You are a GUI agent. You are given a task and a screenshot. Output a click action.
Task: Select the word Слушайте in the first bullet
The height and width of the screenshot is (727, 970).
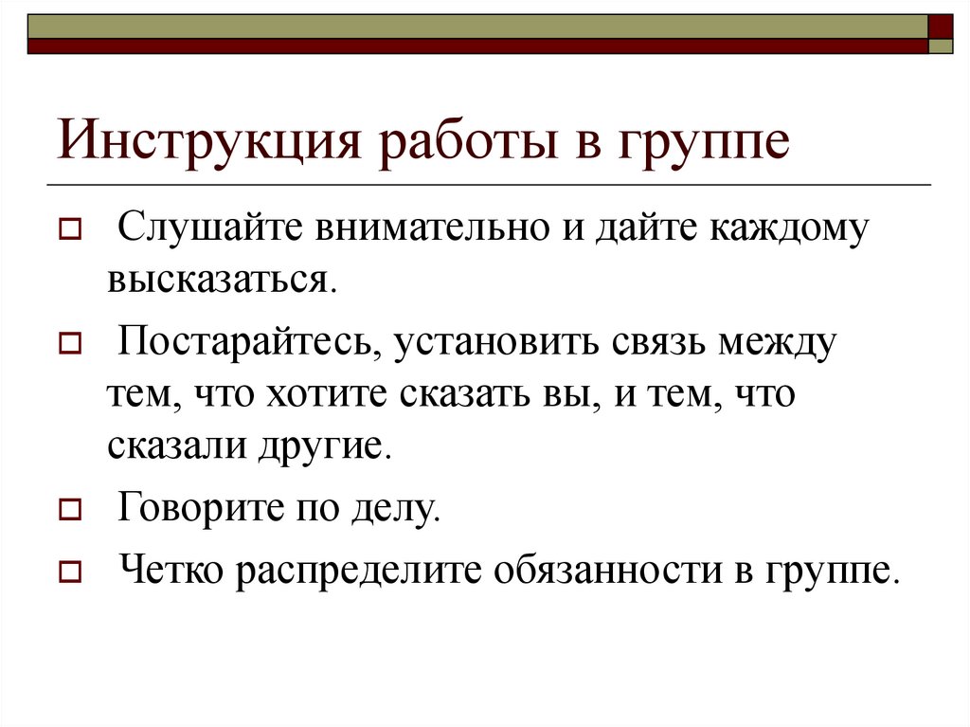point(215,230)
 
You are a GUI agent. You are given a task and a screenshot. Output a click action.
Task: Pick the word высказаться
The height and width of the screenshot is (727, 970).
point(221,280)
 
